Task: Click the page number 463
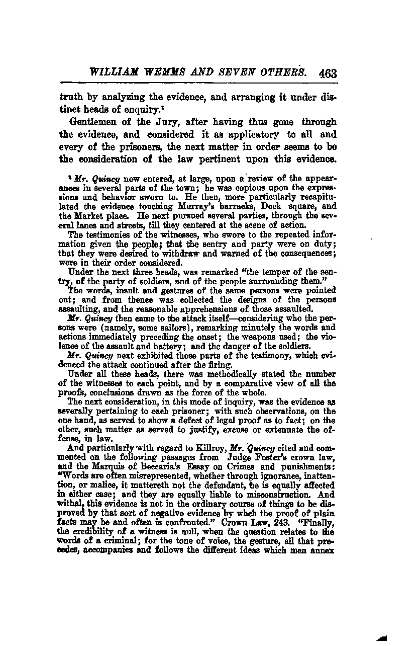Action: pyautogui.click(x=327, y=73)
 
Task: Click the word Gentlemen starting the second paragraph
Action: pyautogui.click(x=93, y=122)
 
